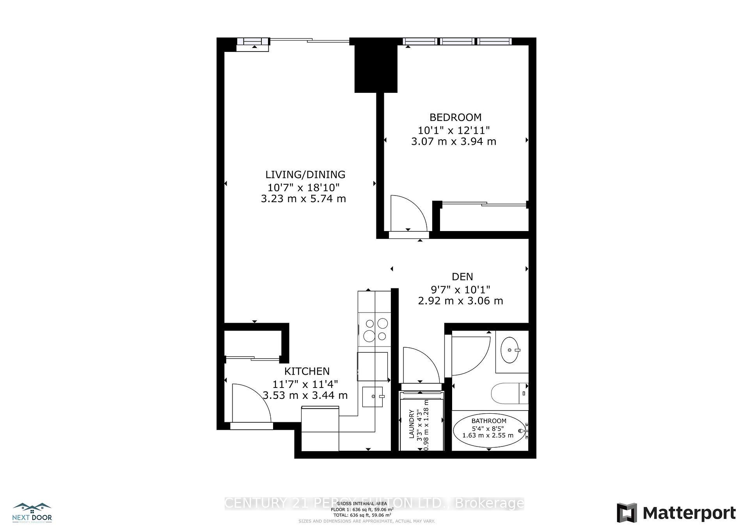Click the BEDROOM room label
[x=455, y=117]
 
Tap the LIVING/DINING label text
[x=305, y=174]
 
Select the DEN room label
[x=462, y=277]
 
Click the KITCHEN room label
[x=307, y=371]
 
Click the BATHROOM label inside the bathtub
[x=489, y=421]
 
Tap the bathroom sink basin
[x=511, y=349]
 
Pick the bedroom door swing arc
[x=408, y=213]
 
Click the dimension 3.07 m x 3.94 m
[x=453, y=141]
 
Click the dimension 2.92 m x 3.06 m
[x=460, y=301]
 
